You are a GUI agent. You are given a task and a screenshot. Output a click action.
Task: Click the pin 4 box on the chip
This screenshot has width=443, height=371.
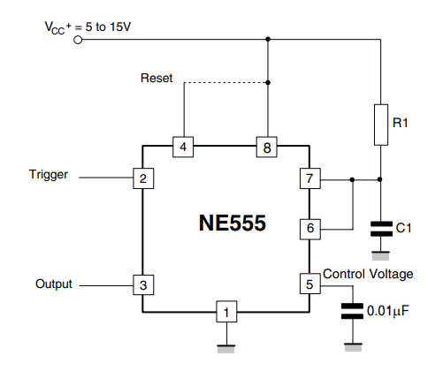(x=182, y=147)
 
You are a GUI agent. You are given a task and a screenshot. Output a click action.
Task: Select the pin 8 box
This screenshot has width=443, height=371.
(x=266, y=147)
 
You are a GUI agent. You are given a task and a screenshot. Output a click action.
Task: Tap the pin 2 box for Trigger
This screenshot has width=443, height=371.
(x=141, y=179)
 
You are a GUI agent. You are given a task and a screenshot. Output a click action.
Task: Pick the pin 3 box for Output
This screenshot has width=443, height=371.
(x=141, y=284)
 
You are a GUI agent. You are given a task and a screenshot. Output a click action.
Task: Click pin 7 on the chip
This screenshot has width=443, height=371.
(x=307, y=179)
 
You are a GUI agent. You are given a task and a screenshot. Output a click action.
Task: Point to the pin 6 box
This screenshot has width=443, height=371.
(x=307, y=229)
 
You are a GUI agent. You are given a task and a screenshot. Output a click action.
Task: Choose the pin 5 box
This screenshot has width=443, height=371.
(x=307, y=284)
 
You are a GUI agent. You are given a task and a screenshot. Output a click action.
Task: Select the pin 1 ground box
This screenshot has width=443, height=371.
(x=227, y=311)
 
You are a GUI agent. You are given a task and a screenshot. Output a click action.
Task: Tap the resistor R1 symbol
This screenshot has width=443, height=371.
(x=380, y=124)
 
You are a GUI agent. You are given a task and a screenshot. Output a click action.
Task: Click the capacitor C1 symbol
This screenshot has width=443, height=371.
(x=380, y=227)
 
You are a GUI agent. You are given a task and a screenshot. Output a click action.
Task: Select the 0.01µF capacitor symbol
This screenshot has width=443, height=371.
(x=353, y=310)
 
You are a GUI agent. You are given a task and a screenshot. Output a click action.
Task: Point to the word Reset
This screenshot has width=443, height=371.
(x=157, y=79)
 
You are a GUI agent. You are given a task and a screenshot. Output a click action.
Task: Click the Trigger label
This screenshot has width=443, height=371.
(x=48, y=175)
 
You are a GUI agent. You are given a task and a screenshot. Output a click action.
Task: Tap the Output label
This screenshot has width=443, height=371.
(x=53, y=284)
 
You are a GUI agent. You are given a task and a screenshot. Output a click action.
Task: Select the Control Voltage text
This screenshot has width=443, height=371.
(x=368, y=274)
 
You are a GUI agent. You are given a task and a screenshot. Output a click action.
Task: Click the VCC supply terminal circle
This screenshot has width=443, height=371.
(x=78, y=40)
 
